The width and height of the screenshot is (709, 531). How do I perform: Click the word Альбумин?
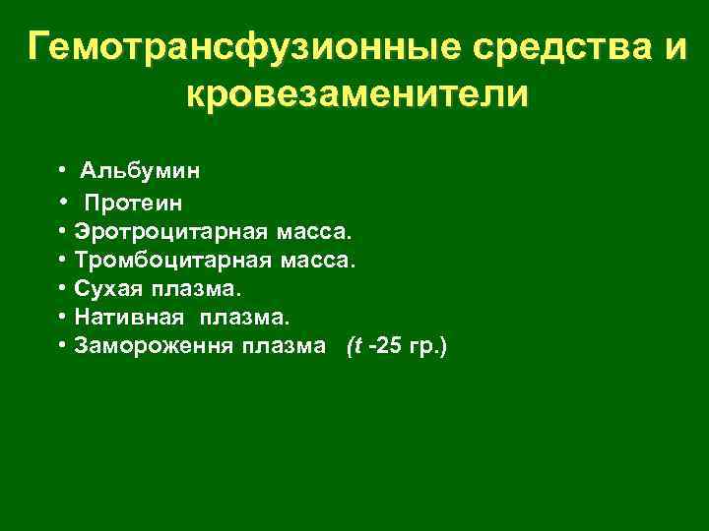click(x=140, y=171)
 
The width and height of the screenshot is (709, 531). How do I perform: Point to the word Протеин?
click(x=133, y=204)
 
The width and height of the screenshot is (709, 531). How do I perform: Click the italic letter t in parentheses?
click(x=355, y=347)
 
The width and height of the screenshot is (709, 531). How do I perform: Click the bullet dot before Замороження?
click(x=61, y=347)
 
